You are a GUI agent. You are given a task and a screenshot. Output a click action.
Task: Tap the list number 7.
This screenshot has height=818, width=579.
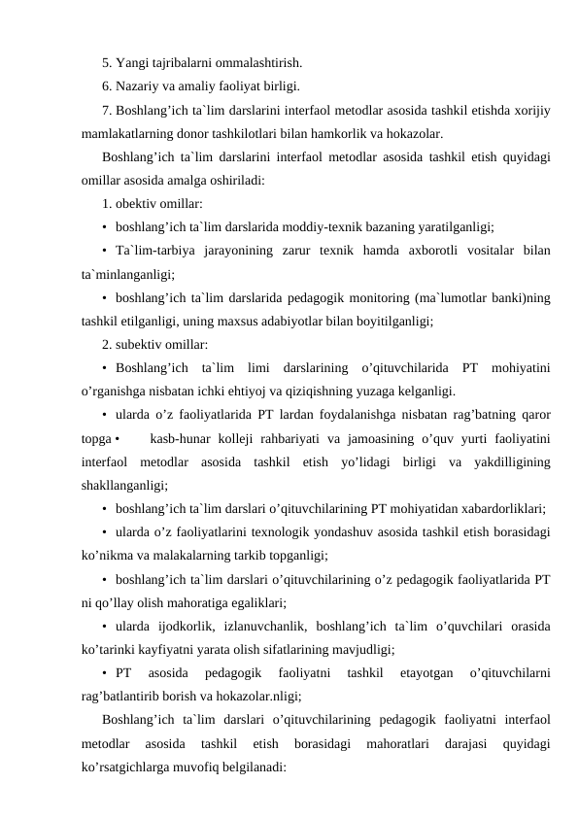(x=106, y=111)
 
